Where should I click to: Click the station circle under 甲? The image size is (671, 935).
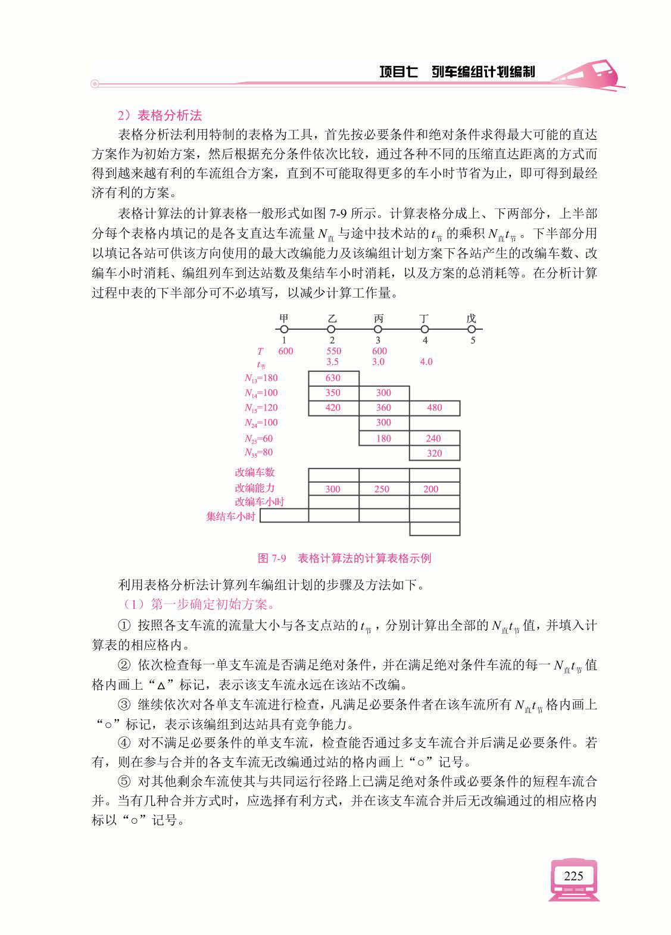coord(284,329)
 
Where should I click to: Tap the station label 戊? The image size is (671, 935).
coord(472,318)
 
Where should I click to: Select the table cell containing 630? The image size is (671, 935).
coord(333,378)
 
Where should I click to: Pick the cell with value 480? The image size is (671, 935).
coord(434,408)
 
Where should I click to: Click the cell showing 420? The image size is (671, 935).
coord(333,408)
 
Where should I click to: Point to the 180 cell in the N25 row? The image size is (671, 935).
coord(383,439)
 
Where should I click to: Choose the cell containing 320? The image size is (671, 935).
coord(434,453)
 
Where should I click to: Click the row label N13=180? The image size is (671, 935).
coord(261,378)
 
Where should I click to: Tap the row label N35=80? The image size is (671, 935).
coord(258,452)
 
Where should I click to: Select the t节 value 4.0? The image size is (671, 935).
coord(426,361)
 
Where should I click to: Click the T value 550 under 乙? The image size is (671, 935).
coord(333,351)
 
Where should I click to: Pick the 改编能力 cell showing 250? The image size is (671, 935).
coord(382,489)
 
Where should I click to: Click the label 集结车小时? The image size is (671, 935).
coord(230,516)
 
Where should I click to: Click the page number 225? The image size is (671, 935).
coord(573,875)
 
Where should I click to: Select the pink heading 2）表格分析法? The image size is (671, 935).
coord(160,115)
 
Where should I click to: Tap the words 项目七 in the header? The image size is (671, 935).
coord(398,72)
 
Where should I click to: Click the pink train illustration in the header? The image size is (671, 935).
coord(587,74)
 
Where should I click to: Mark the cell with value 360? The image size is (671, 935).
coord(383,408)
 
